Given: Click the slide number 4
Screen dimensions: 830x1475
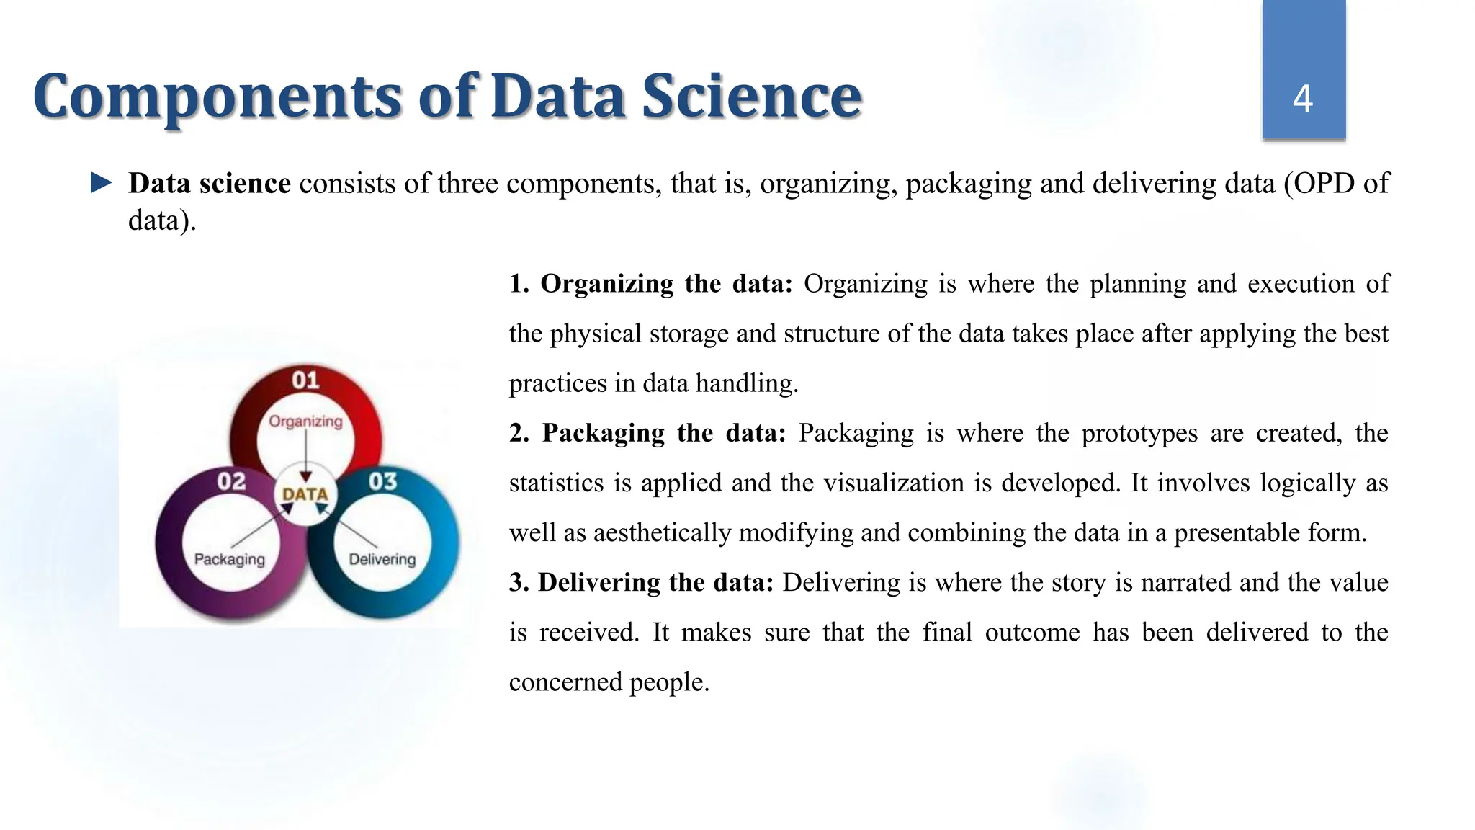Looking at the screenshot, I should [x=1303, y=99].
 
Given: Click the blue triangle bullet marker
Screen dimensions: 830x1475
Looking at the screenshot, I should [x=102, y=183].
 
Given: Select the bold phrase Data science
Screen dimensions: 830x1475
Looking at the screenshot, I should [x=210, y=184].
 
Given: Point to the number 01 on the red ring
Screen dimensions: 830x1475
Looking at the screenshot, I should [x=305, y=380].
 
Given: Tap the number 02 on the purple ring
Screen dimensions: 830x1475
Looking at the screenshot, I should [x=231, y=481].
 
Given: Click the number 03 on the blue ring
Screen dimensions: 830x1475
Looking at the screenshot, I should [x=382, y=481].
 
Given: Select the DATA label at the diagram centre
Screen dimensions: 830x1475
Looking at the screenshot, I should [x=305, y=494].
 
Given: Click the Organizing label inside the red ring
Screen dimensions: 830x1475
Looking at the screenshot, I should [x=305, y=421].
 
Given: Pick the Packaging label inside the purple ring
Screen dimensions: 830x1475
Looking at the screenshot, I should [x=230, y=559].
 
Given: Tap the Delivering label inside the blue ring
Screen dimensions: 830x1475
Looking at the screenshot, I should [x=382, y=559].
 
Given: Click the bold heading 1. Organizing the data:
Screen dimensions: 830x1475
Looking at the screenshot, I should [x=650, y=284].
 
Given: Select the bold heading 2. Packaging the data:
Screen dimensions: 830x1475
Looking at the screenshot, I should [x=647, y=433].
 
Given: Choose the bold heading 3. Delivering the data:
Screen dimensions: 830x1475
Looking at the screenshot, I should [x=641, y=582].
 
